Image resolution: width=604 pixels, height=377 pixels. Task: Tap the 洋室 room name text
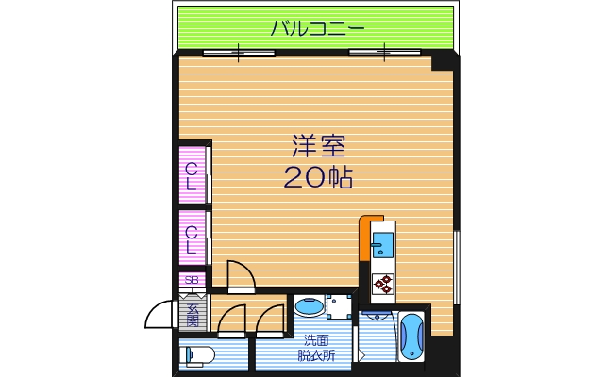click(x=317, y=147)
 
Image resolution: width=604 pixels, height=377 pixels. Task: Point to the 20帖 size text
click(x=317, y=177)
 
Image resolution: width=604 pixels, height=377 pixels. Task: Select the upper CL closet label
click(x=192, y=177)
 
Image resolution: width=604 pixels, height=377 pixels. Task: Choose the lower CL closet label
click(x=192, y=240)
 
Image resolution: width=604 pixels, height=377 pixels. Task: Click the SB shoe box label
click(x=192, y=280)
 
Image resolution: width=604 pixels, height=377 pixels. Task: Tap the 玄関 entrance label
click(x=193, y=312)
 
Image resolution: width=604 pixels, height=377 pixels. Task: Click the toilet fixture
click(x=198, y=355)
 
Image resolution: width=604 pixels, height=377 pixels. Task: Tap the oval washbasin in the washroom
click(x=308, y=306)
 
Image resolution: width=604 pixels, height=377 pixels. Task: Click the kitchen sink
click(x=383, y=246)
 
